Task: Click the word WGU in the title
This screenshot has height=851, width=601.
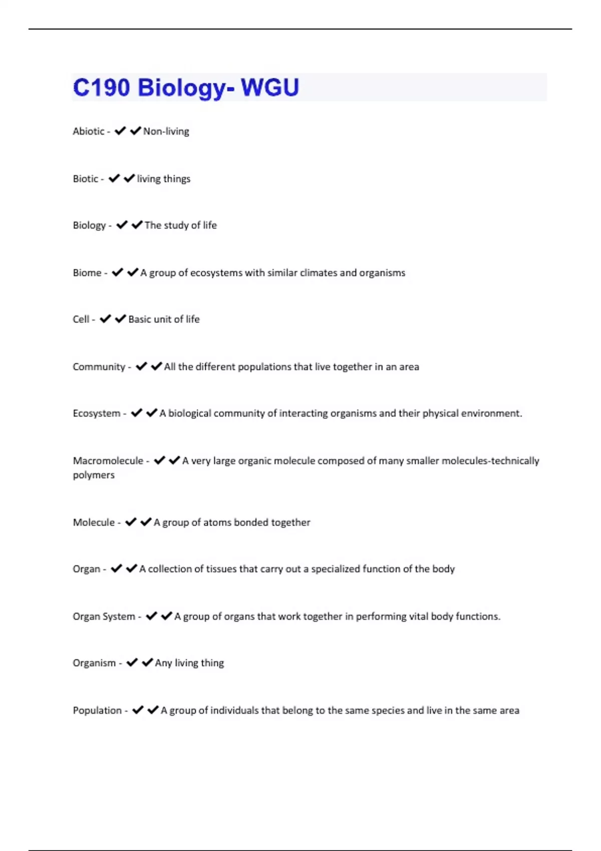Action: (269, 88)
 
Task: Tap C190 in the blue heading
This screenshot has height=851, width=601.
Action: (101, 88)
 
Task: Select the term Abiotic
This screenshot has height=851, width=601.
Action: (88, 131)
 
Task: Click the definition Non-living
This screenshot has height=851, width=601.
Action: (166, 131)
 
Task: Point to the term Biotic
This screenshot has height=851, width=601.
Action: (85, 179)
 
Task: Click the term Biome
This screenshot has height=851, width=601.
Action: (87, 273)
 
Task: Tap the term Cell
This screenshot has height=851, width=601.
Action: (81, 319)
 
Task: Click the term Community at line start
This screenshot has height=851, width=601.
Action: (99, 367)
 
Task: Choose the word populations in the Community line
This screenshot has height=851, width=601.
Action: (264, 367)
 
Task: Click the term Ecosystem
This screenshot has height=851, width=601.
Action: (96, 413)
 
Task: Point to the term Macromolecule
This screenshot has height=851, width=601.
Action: (108, 461)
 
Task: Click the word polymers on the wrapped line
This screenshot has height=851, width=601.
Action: (94, 475)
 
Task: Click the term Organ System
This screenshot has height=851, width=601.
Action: (104, 617)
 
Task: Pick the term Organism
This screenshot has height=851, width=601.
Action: (94, 663)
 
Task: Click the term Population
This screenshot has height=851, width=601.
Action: (97, 711)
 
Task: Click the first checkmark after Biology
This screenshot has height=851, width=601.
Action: (122, 225)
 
